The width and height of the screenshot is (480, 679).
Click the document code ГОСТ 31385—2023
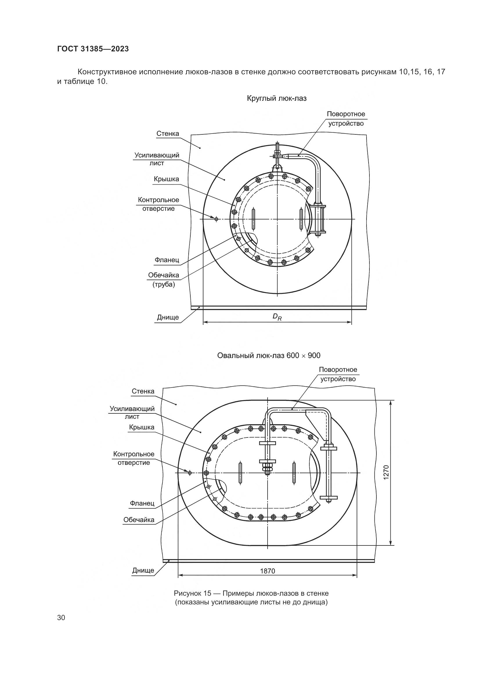pos(93,49)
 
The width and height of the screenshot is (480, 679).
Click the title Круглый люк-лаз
pos(277,98)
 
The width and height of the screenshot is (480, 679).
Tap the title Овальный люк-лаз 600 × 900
pos(269,356)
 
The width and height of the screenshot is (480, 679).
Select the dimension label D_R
pos(277,317)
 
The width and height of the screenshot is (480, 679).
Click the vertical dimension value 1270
pos(387,473)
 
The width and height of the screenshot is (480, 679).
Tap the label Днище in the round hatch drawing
pos(168,317)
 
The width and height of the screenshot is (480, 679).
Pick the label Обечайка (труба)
pos(164,280)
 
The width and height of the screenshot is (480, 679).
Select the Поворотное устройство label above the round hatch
pos(346,119)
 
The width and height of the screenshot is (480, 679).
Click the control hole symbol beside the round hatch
pos(216,219)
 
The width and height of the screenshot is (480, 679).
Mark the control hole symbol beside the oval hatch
pos(190,473)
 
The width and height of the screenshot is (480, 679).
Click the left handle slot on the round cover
pos(253,219)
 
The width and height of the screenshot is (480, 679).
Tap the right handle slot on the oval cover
pos(294,473)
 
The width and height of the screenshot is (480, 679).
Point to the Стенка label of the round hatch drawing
pos(168,134)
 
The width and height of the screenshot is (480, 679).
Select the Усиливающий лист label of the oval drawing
pos(132,413)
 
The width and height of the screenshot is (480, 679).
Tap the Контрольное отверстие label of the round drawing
pos(158,204)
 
